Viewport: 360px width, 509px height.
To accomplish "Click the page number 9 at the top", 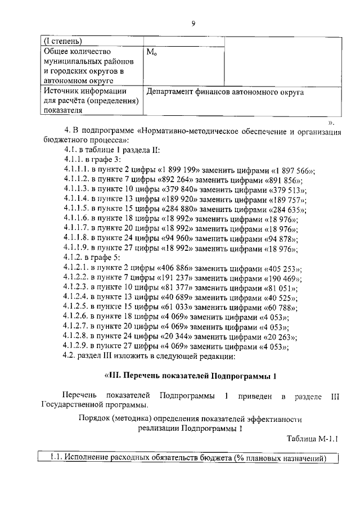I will point(192,23).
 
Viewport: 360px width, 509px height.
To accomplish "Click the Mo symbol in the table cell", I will point(151,52).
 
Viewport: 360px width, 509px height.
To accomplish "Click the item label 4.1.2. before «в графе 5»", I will point(75,259).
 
